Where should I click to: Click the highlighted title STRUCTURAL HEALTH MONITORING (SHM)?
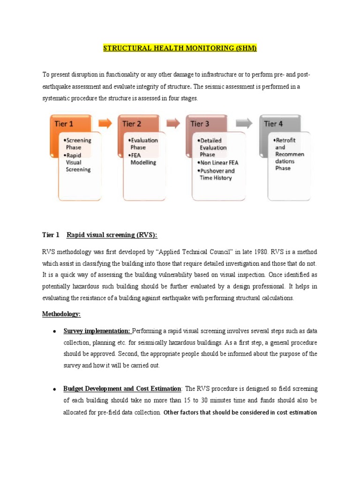tap(180, 48)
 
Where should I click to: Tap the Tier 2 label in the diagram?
tap(132, 124)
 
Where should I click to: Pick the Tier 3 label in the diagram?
tap(200, 124)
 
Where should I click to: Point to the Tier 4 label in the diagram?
tap(273, 124)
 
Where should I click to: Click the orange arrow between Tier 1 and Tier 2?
tap(105, 123)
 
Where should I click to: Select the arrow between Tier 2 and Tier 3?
tap(173, 123)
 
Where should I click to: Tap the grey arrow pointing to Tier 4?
tap(243, 123)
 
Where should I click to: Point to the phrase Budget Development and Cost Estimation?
tap(122, 389)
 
